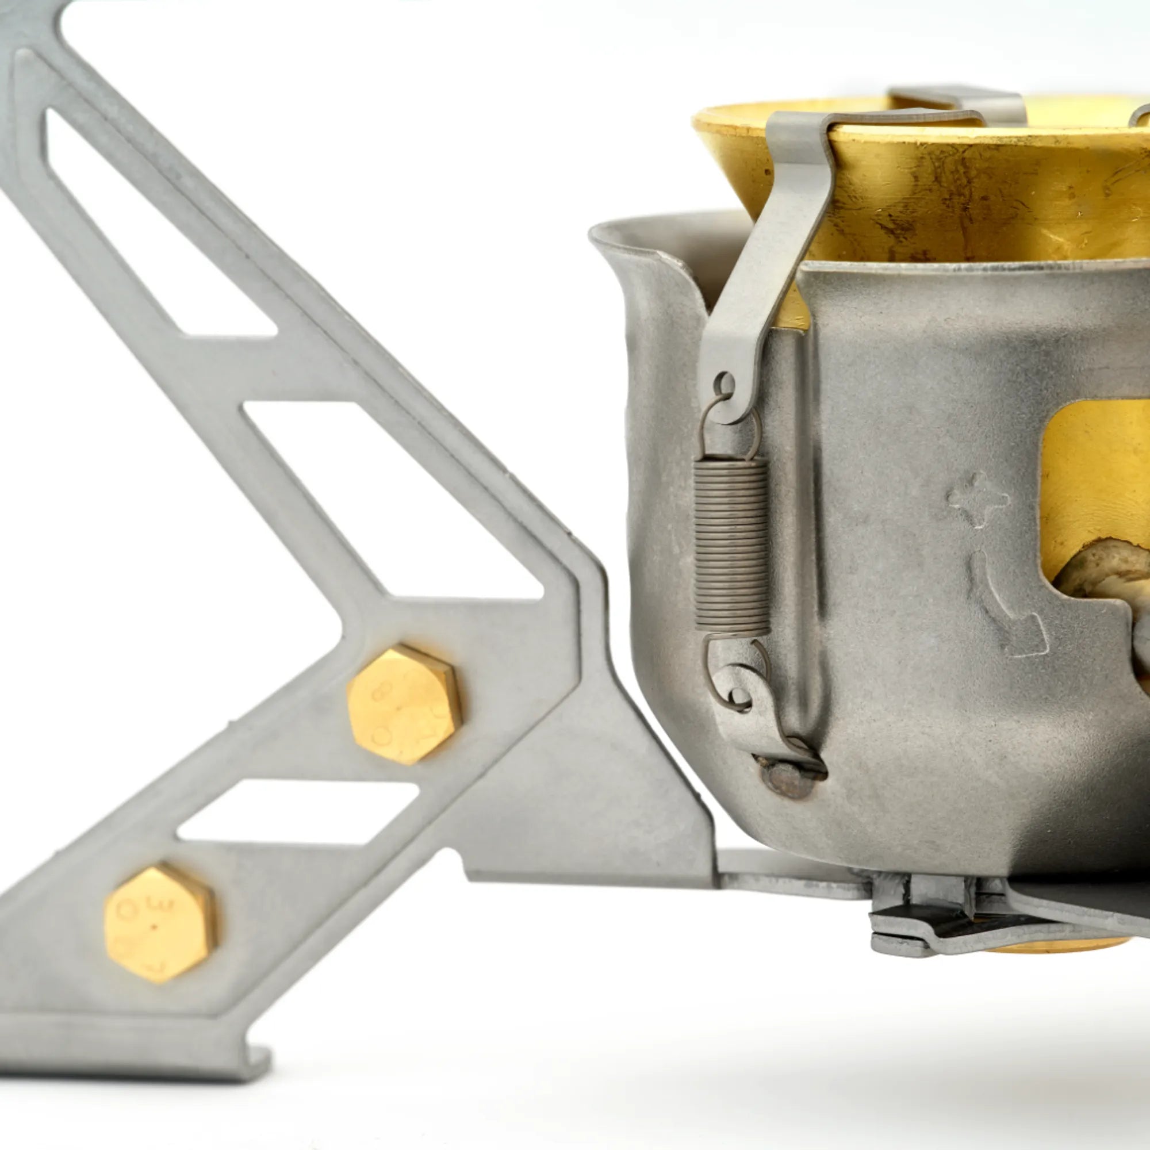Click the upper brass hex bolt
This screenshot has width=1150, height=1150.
tap(404, 705)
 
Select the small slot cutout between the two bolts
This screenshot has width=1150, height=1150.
tap(298, 812)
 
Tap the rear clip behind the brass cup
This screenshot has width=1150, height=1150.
tap(959, 101)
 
